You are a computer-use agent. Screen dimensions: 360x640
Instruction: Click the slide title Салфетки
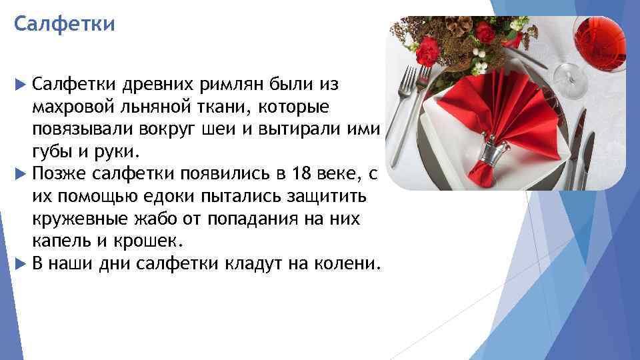65,25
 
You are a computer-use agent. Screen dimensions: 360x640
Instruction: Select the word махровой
70,107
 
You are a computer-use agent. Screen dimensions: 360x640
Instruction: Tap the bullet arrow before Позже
19,174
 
